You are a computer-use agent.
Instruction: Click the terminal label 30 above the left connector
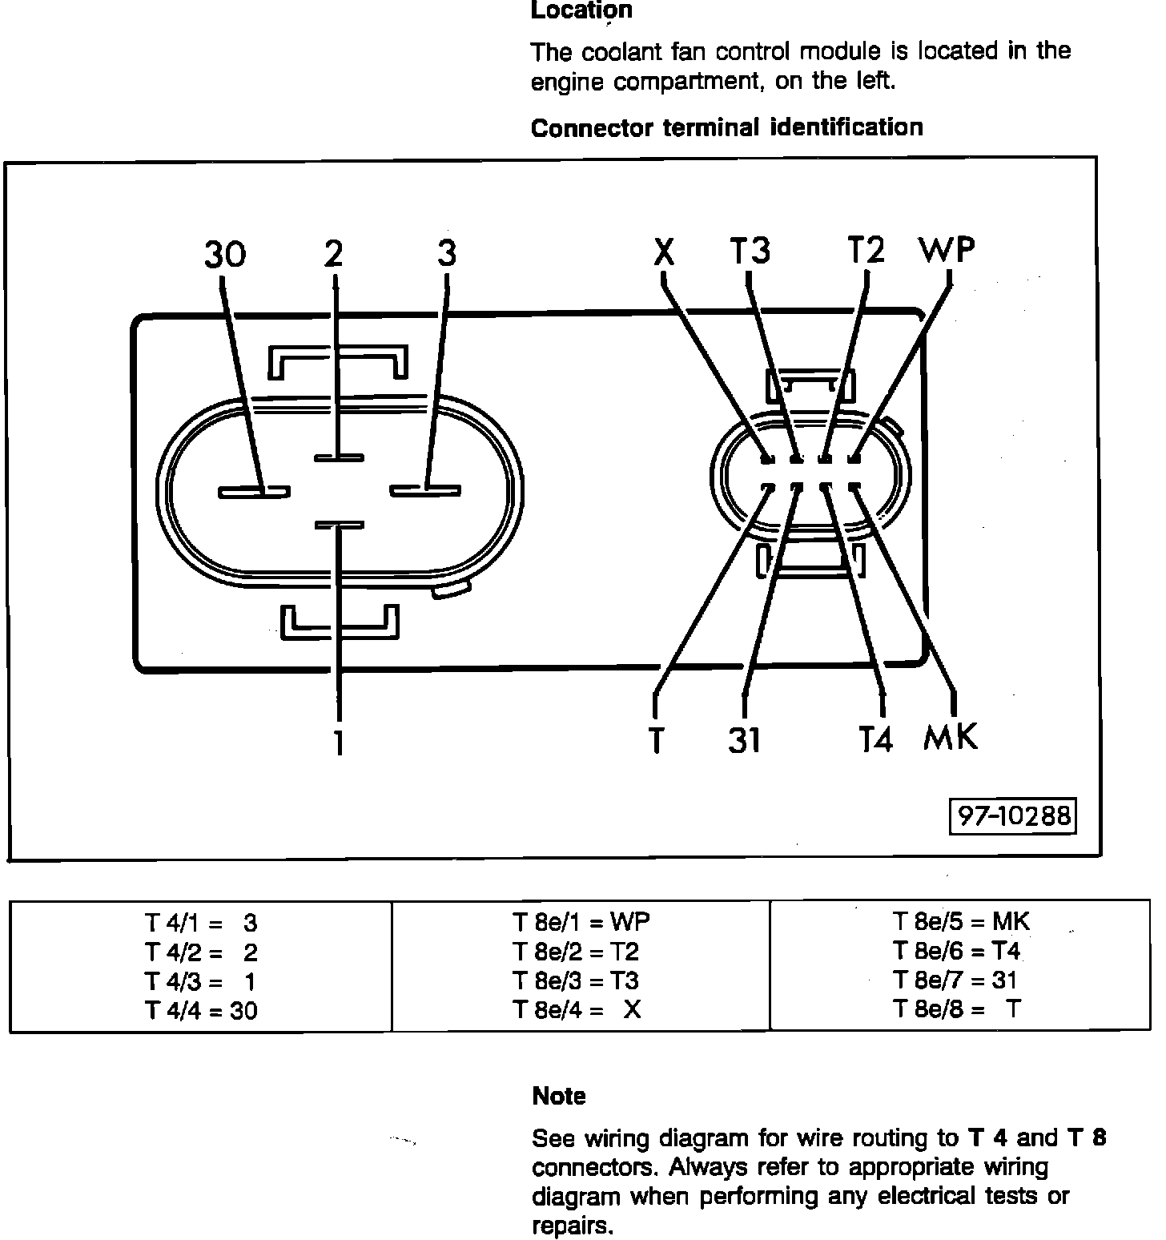(225, 255)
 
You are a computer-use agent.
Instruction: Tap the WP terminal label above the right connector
(947, 251)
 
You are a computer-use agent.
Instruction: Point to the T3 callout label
(750, 251)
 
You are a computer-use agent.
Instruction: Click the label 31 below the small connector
(744, 740)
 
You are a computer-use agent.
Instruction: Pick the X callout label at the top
(664, 253)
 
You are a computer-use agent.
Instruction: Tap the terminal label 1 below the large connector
(340, 743)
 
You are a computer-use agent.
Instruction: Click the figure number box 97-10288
(1013, 815)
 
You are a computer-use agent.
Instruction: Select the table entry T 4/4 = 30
(201, 1011)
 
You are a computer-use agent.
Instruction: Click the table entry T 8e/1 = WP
(581, 923)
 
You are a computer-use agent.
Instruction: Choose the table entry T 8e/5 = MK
(961, 922)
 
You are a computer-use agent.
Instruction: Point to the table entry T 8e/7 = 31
(955, 980)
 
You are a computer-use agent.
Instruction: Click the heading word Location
(582, 10)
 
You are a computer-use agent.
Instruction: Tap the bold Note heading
(559, 1096)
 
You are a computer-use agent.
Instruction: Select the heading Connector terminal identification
(726, 128)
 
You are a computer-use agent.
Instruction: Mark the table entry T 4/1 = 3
(201, 924)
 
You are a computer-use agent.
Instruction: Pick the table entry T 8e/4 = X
(577, 1010)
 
